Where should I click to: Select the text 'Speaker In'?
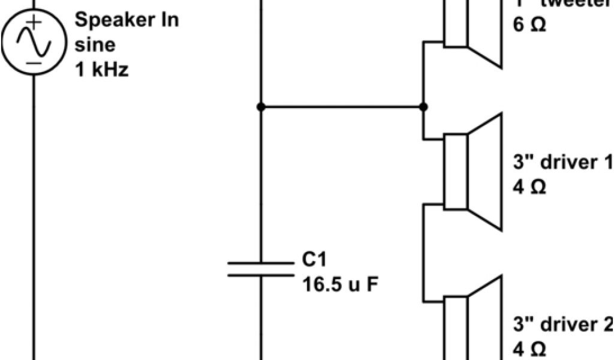[127, 20]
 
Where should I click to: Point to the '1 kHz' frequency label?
[101, 70]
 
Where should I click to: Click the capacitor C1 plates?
[261, 268]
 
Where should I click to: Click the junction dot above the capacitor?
[261, 107]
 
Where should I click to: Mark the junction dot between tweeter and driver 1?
[423, 107]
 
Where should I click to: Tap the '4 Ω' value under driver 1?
[530, 188]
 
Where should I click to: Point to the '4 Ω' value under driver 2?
[530, 349]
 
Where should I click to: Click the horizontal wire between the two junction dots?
[342, 107]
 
